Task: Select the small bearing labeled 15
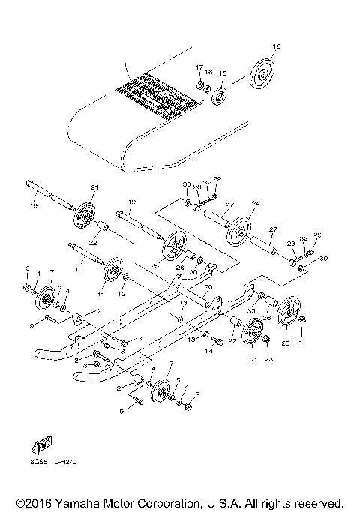tap(221, 97)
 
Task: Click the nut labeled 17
tap(200, 84)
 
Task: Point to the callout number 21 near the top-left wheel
tap(94, 187)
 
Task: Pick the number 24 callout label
tap(255, 204)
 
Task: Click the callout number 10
tap(78, 268)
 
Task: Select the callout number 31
tap(301, 343)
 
